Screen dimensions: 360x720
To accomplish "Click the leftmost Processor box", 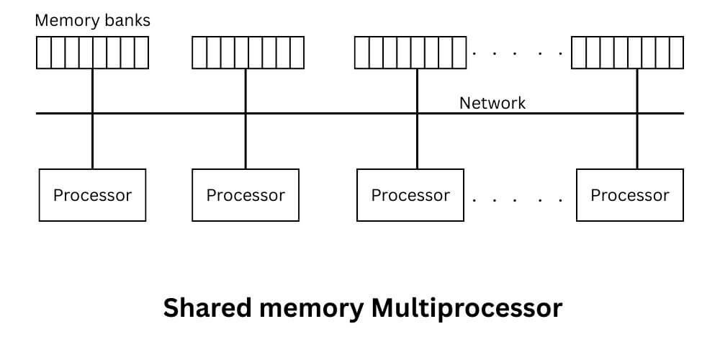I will pos(92,195).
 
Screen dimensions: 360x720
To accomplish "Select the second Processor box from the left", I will pos(246,195).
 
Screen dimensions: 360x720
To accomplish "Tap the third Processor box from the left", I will pos(410,195).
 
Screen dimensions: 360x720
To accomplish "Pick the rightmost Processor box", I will pos(630,195).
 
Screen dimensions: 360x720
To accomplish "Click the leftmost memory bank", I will pos(92,53).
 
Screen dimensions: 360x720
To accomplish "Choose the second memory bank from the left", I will pos(248,53).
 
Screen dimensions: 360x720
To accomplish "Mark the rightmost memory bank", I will pos(627,53).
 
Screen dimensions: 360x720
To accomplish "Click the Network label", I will pos(492,103).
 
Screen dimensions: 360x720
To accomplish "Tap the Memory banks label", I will pos(93,20).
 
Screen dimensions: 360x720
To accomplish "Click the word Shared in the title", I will pos(204,308).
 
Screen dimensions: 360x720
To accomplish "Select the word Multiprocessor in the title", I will pos(467,308).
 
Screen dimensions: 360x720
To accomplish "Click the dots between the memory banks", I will pos(518,53).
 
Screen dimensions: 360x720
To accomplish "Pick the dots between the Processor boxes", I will pos(518,198).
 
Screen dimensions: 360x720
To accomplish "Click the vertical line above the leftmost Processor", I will pos(92,141).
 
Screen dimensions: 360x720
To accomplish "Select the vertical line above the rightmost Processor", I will pos(636,141).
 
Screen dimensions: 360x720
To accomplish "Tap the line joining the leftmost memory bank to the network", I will pos(92,91).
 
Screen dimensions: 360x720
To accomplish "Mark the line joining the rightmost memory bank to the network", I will pos(636,91).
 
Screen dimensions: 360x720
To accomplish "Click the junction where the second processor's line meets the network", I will pos(246,113).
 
